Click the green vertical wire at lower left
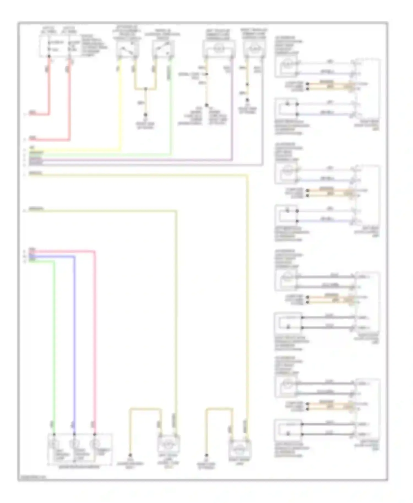point(54,344)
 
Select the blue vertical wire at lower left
point(74,344)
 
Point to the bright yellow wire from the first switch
point(120,110)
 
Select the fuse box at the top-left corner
point(60,46)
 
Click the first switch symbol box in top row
point(127,49)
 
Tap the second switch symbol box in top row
point(163,49)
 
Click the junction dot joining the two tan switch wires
point(146,89)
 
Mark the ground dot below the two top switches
point(146,115)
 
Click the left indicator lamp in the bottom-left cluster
point(54,444)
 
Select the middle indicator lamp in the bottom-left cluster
point(74,444)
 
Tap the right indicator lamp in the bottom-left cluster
point(94,444)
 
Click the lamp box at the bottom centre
point(168,444)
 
